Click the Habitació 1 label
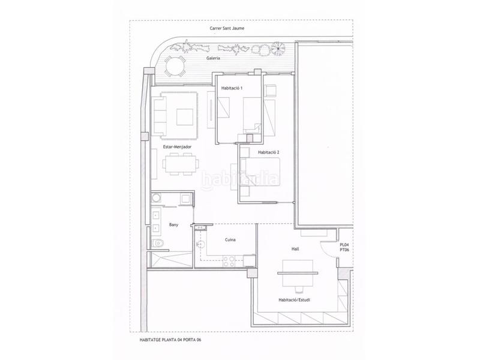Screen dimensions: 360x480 [x=232, y=88]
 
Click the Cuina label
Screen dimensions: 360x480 [x=230, y=239]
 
